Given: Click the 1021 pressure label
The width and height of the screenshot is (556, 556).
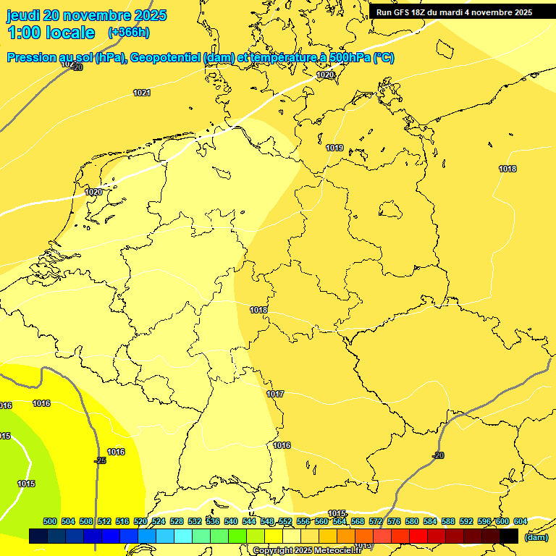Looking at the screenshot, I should click(x=142, y=93).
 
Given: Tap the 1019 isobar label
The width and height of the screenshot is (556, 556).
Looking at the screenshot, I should click(x=334, y=148).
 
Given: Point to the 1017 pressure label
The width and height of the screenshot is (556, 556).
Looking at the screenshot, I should click(x=275, y=394).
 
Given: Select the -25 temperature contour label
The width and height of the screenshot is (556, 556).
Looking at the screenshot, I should click(x=100, y=460).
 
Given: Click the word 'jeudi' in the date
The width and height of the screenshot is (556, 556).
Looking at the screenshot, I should click(x=23, y=15).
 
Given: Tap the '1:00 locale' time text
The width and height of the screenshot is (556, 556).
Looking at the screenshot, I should click(x=51, y=33).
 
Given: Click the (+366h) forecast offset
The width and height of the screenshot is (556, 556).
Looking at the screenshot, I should click(x=128, y=33).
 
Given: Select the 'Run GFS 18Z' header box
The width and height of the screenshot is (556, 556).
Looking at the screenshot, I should click(x=454, y=12).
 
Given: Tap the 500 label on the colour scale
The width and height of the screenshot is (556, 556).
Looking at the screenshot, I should click(x=50, y=521).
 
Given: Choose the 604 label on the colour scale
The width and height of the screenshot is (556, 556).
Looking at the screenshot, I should click(x=520, y=521).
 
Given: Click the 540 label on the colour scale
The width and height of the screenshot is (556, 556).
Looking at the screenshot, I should click(x=231, y=521).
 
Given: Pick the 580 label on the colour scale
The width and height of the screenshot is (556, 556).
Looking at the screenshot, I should click(x=412, y=521).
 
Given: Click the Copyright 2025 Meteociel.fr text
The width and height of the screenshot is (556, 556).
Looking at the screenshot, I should click(x=307, y=551).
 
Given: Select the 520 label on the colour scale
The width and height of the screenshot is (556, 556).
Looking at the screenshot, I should click(x=140, y=521).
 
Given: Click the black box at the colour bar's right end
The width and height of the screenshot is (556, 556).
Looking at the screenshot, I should click(x=509, y=536).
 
